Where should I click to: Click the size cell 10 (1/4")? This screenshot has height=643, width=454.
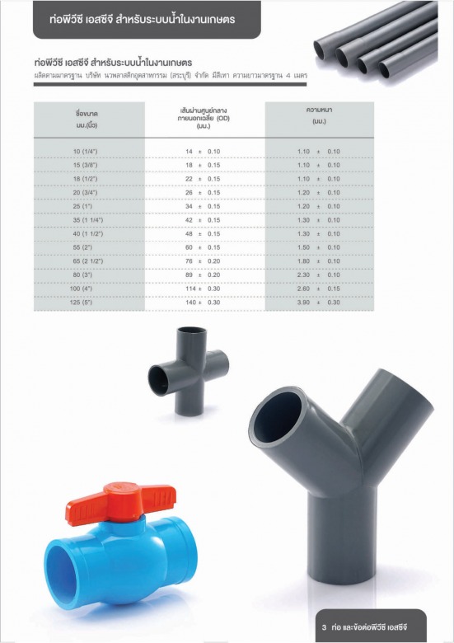coord(85,152)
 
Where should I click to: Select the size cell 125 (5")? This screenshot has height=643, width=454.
coord(82,303)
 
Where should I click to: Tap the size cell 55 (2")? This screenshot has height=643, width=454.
coord(82,247)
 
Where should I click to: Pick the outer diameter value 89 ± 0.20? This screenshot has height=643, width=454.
coord(203,275)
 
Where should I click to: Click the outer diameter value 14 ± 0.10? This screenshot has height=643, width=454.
coord(203,152)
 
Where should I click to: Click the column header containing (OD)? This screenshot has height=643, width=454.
coord(204,118)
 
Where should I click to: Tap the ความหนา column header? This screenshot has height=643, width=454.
coord(319,115)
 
